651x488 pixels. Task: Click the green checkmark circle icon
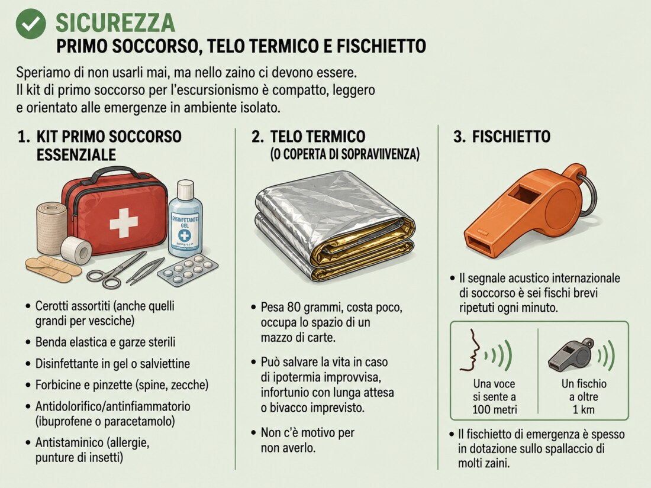pyautogui.click(x=31, y=24)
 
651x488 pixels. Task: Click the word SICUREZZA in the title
pyautogui.click(x=115, y=23)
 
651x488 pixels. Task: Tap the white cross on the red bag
pyautogui.click(x=124, y=223)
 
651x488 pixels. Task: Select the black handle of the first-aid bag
pyautogui.click(x=115, y=174)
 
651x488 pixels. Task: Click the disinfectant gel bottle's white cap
pyautogui.click(x=186, y=189)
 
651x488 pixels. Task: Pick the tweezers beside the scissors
pyautogui.click(x=146, y=270)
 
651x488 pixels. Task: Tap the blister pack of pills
pyautogui.click(x=188, y=270)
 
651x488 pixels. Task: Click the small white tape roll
pyautogui.click(x=76, y=250)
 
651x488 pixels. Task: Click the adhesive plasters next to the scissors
pyautogui.click(x=53, y=269)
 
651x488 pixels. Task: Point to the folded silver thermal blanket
pyautogui.click(x=334, y=225)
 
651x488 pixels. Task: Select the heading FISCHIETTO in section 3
pyautogui.click(x=511, y=137)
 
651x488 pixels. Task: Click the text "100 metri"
pyautogui.click(x=495, y=410)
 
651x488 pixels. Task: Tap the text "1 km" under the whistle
pyautogui.click(x=584, y=409)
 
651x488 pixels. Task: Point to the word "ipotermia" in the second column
pyautogui.click(x=296, y=377)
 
